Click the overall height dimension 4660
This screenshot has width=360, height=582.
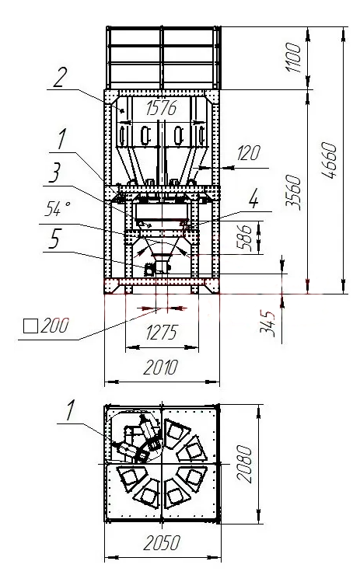coord(330,160)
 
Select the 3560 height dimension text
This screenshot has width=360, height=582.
coord(293,192)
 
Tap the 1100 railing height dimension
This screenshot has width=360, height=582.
coord(293,58)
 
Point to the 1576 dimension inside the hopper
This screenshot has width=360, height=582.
coord(161,108)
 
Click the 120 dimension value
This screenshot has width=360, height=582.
coord(249,153)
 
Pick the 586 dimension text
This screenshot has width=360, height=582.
coord(244,237)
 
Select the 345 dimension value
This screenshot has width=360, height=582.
coord(268,324)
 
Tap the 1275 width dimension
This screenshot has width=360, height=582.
coord(162,333)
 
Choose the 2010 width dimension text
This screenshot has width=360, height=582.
coord(161,368)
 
